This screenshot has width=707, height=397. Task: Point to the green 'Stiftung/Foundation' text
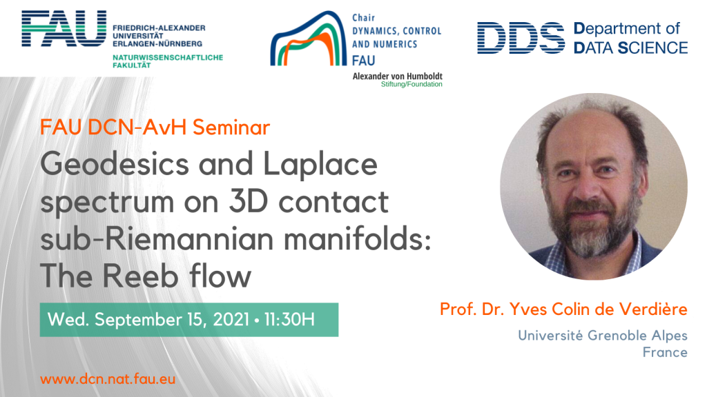[412, 84]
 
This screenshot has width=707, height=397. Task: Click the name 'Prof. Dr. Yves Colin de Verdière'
[563, 309]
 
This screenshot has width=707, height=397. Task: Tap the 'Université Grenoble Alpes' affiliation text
[602, 335]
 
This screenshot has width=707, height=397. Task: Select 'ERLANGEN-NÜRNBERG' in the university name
[158, 43]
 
